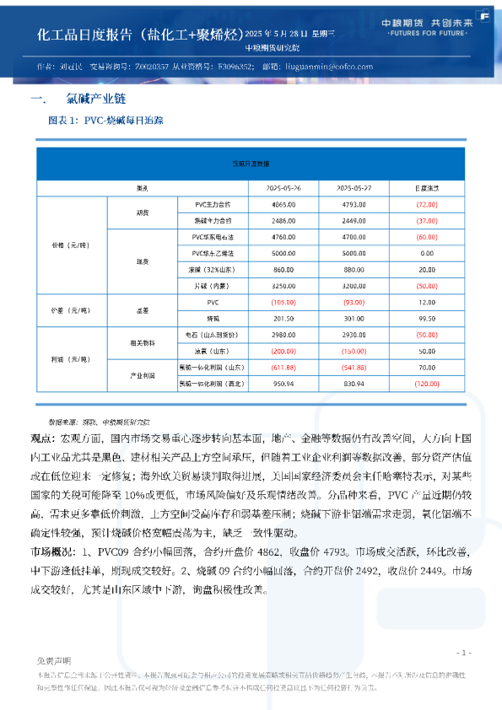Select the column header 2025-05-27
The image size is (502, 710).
(355, 188)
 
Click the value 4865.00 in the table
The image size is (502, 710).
(284, 205)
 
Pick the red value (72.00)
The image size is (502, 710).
(426, 205)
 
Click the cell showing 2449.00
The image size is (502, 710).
(355, 219)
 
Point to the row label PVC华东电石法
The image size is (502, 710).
(213, 237)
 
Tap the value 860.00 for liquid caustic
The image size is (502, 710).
(284, 269)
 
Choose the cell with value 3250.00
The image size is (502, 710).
(284, 285)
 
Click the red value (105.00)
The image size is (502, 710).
(284, 302)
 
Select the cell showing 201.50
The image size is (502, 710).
(284, 318)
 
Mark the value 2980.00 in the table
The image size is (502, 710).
(284, 335)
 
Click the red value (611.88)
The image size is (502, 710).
(284, 367)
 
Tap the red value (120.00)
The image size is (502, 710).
(426, 383)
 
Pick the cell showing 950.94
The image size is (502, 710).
(284, 383)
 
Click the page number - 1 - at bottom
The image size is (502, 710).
(462, 653)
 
